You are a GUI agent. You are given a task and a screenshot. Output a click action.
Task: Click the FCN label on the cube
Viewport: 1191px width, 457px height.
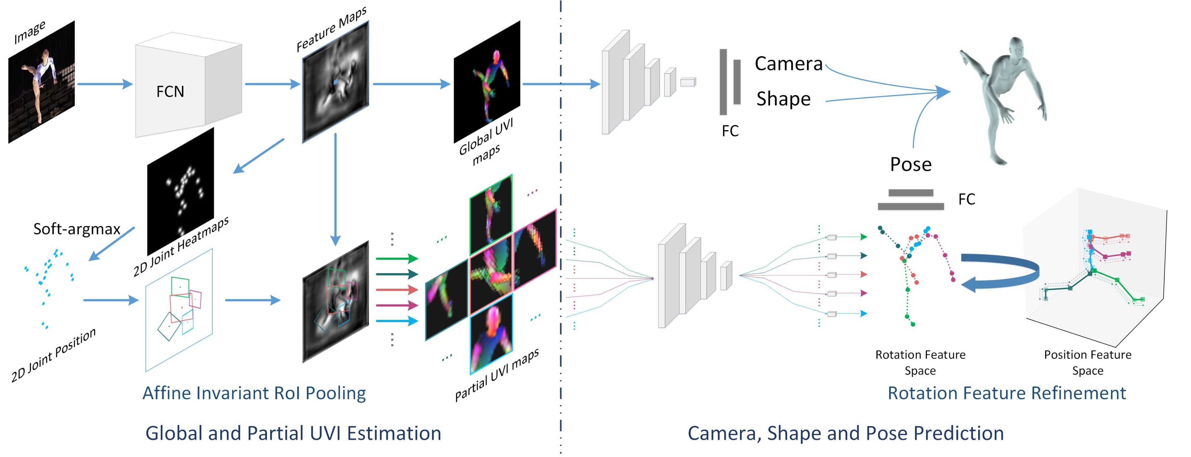point(170,92)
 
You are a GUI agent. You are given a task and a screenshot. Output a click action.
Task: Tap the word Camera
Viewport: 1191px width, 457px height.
point(788,64)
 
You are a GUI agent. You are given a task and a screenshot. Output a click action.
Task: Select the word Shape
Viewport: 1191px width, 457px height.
point(783,99)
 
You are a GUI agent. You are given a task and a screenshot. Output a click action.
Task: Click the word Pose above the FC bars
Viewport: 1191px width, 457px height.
point(910,164)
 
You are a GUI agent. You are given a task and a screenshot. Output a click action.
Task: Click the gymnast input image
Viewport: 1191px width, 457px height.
point(41,82)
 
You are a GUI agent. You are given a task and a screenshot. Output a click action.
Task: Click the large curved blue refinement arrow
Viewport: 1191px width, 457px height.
point(1003,273)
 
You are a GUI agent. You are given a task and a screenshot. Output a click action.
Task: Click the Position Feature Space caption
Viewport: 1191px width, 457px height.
point(1087,362)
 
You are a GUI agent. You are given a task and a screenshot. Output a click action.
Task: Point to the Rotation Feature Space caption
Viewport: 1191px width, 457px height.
point(920,362)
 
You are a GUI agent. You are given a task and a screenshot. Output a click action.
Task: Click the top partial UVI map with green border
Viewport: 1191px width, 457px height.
point(491,214)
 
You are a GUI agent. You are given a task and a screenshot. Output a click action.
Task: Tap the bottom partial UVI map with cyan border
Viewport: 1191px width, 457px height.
point(491,334)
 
